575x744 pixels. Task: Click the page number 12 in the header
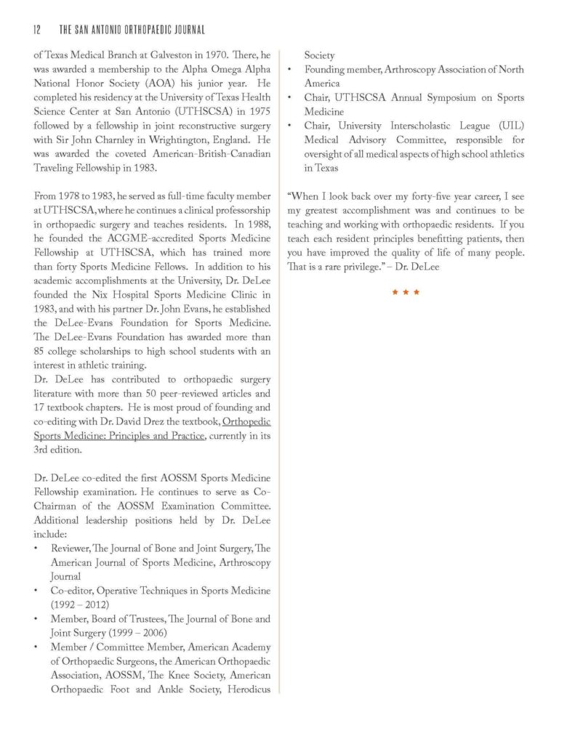pos(37,30)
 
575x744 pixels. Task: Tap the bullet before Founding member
pos(291,70)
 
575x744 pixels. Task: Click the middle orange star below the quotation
pos(406,292)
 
